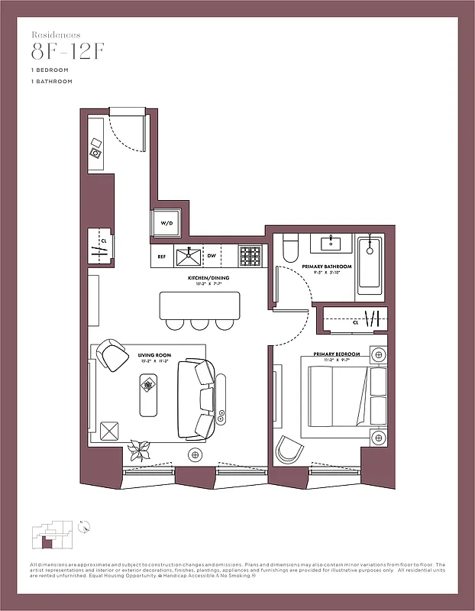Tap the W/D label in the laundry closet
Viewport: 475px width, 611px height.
pyautogui.click(x=166, y=223)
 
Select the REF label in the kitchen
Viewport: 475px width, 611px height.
pyautogui.click(x=161, y=257)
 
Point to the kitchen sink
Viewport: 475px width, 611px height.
pyautogui.click(x=189, y=255)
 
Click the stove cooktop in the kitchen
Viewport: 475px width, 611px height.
pyautogui.click(x=250, y=255)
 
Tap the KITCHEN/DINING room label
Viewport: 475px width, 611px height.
pyautogui.click(x=203, y=278)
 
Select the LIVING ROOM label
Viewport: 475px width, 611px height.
pyautogui.click(x=151, y=355)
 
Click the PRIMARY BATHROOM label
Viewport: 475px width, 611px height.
pyautogui.click(x=326, y=267)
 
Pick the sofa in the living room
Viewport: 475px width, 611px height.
pyautogui.click(x=196, y=397)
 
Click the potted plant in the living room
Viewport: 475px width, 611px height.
pyautogui.click(x=140, y=450)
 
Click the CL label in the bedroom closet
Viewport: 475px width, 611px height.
pyautogui.click(x=355, y=322)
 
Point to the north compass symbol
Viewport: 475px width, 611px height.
pyautogui.click(x=86, y=525)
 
